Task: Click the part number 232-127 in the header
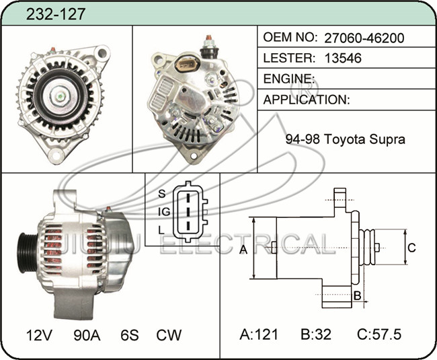point(55,14)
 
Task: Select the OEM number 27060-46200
point(364,38)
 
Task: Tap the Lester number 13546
point(343,58)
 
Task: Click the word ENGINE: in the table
point(289,79)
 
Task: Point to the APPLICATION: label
point(307,100)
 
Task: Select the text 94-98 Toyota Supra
point(345,139)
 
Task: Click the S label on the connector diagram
point(161,193)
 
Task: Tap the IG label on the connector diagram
point(164,212)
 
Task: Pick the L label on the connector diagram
point(161,230)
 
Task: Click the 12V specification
point(39,335)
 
